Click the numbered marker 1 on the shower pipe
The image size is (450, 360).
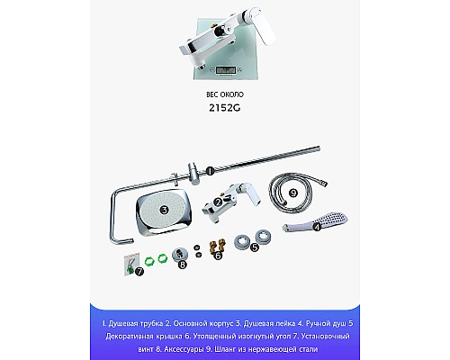coord(208,170)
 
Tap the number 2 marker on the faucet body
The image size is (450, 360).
coord(218,202)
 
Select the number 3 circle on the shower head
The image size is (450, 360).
coord(164,209)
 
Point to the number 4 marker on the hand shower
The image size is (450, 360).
coord(317,227)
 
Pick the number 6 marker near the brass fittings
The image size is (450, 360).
coord(217,256)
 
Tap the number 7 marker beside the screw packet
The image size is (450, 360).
coord(139,271)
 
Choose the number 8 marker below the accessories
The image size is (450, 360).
coord(184,265)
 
